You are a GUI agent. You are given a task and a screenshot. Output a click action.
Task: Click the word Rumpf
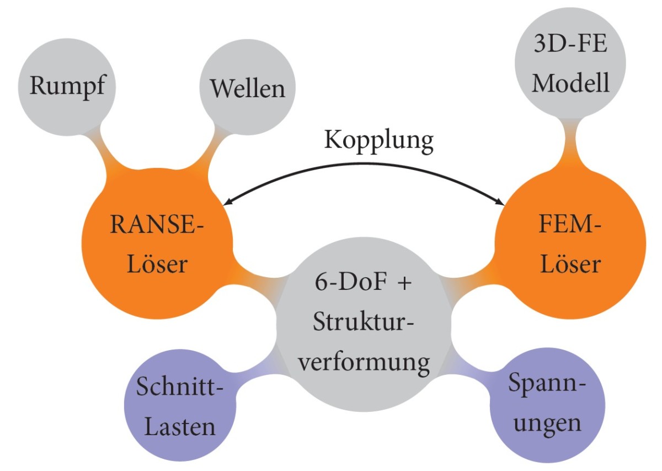tap(67, 87)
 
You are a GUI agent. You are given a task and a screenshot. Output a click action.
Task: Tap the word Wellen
tap(248, 88)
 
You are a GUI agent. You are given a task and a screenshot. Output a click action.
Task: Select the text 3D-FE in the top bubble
tap(570, 45)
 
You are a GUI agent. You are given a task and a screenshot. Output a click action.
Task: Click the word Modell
tap(570, 83)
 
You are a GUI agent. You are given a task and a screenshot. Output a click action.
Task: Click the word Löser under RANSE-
tap(158, 265)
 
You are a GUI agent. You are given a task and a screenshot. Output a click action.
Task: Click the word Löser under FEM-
tap(570, 265)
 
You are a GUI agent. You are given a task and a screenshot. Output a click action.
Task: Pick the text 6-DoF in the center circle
tap(343, 285)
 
